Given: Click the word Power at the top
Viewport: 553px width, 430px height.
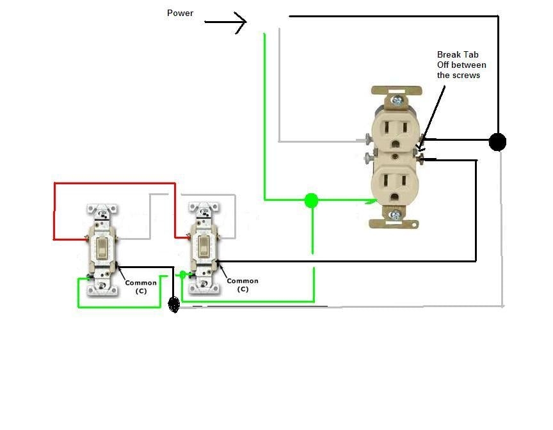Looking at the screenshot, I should [x=180, y=13].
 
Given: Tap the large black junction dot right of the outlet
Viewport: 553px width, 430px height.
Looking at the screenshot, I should [x=497, y=141].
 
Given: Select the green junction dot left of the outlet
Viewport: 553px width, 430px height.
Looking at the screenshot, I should [x=311, y=200].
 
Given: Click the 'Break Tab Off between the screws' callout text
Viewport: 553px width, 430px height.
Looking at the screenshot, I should [x=461, y=65].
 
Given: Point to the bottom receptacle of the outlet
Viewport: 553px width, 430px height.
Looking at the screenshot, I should [x=396, y=182].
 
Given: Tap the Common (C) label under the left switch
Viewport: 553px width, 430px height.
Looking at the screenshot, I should [x=141, y=287].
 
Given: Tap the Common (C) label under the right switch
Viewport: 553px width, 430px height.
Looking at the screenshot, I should [x=243, y=285].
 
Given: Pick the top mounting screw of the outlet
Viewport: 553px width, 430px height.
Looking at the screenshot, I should [x=397, y=100].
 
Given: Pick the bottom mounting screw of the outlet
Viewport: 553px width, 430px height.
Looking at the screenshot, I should [x=397, y=215].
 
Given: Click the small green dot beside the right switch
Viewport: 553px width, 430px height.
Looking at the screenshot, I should [x=182, y=275].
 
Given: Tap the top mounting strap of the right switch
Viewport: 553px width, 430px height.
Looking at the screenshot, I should [x=204, y=209].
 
